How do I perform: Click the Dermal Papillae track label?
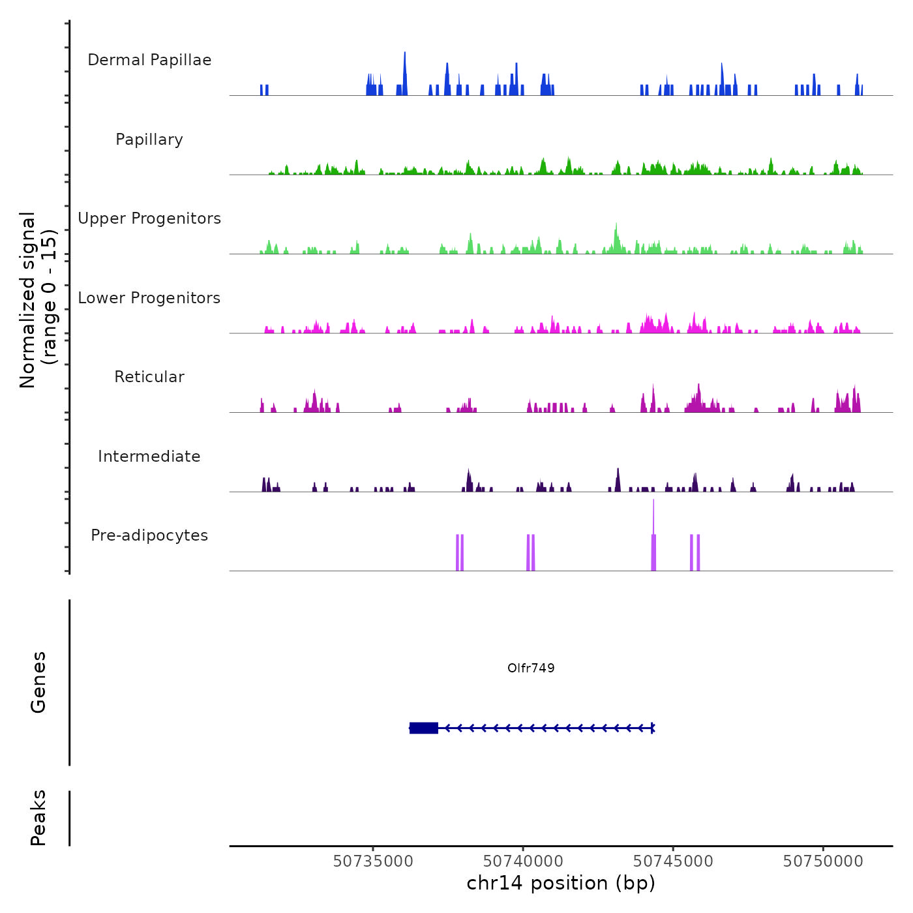[x=149, y=60]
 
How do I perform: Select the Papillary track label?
[x=149, y=140]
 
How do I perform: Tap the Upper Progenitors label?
[x=149, y=218]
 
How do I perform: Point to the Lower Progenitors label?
[x=149, y=298]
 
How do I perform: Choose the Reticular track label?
[x=149, y=377]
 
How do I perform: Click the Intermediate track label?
[x=149, y=456]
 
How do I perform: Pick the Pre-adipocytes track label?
[x=149, y=535]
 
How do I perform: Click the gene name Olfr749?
[x=531, y=668]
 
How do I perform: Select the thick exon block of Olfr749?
[x=424, y=728]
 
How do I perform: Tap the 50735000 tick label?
[x=373, y=861]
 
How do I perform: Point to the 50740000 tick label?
[x=523, y=861]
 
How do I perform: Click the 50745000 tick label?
[x=673, y=861]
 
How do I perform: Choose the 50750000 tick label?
[x=823, y=861]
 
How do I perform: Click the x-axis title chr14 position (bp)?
[x=561, y=883]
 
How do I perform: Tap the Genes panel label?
[x=38, y=682]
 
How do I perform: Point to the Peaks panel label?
[x=38, y=818]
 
